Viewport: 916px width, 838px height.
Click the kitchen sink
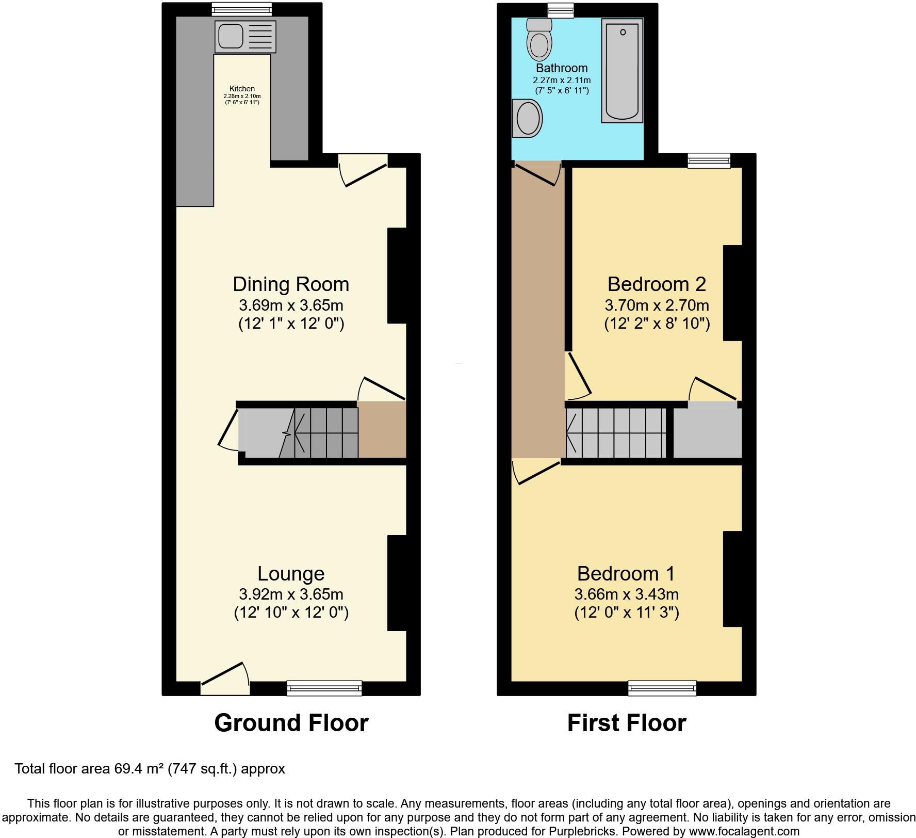245,37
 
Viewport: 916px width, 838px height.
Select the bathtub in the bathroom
622,70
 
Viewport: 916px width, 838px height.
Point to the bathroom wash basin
528,118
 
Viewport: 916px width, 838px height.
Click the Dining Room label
291,284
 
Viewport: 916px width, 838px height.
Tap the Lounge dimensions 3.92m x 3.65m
291,594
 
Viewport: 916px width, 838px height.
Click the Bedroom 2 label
657,284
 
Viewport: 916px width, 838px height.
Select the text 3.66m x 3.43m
626,594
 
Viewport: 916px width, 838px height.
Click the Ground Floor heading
291,723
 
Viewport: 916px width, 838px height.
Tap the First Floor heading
626,723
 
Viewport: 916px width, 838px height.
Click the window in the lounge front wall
324,688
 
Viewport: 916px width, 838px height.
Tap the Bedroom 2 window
710,160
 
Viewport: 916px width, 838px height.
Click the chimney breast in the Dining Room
397,276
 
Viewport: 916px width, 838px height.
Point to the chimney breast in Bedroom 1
732,579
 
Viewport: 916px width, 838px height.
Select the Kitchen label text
242,89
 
